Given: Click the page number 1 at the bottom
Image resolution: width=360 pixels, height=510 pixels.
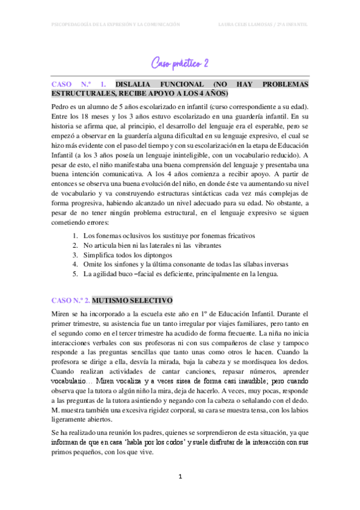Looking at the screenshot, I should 180,476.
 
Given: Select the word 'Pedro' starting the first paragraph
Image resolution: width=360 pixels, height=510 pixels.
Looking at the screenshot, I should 62,106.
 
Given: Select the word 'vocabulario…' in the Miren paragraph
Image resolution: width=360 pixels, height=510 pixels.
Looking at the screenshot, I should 72,381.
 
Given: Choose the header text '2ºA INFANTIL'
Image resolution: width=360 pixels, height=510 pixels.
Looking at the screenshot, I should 291,25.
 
